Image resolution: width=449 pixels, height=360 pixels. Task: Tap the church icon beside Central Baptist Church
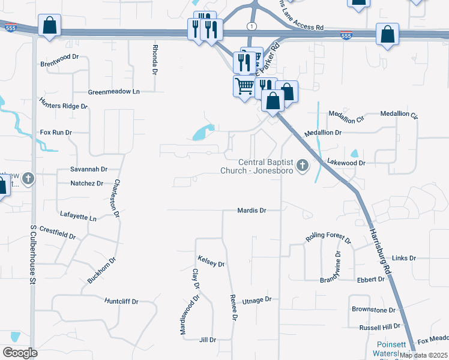302,165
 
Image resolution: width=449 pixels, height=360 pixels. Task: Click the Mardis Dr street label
251,211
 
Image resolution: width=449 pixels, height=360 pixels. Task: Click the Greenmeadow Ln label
113,92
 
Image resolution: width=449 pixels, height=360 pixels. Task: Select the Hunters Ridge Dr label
64,106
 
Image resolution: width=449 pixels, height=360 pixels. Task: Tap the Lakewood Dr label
346,163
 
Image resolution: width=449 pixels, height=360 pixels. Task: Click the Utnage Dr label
258,300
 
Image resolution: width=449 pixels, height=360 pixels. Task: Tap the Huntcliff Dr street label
121,301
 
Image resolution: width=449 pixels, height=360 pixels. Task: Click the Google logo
20,353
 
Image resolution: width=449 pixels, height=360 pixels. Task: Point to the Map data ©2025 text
423,355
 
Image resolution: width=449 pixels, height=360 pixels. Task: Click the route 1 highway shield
251,26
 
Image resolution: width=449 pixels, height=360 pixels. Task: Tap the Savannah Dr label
88,170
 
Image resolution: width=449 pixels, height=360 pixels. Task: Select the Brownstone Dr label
373,310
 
